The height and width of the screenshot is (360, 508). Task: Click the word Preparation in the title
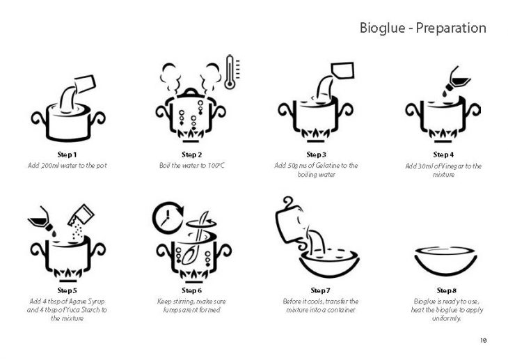tap(451, 29)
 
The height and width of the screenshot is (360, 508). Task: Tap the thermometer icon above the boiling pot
tap(232, 72)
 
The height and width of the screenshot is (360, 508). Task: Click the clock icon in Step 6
tap(168, 217)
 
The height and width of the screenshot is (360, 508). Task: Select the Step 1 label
tap(67, 155)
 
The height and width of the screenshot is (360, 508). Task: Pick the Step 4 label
tap(443, 155)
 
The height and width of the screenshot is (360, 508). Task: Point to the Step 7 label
tap(320, 290)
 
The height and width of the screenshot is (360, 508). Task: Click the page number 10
tap(484, 341)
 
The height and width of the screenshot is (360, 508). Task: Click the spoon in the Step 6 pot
tap(194, 240)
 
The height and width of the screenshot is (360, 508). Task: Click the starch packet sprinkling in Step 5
tap(81, 216)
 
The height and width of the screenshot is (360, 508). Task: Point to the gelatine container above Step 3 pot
tap(342, 70)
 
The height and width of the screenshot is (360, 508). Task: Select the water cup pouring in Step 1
tap(85, 84)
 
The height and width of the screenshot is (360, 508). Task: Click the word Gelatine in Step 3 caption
tap(327, 166)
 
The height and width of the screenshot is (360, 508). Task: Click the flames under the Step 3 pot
tap(315, 133)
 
